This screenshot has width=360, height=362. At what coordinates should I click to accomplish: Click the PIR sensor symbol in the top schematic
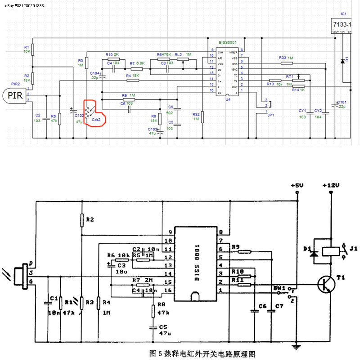[x=14, y=95]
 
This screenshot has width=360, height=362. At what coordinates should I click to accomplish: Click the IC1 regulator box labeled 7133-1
[x=343, y=25]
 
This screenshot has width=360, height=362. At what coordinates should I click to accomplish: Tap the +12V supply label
[x=331, y=185]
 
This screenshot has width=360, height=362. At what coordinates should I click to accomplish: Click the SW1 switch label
[x=279, y=287]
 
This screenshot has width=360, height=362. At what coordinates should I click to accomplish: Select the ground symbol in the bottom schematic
[x=296, y=346]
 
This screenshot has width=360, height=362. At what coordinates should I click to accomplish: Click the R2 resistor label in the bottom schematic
[x=90, y=219]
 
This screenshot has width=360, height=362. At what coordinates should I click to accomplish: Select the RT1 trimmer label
[x=289, y=76]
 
